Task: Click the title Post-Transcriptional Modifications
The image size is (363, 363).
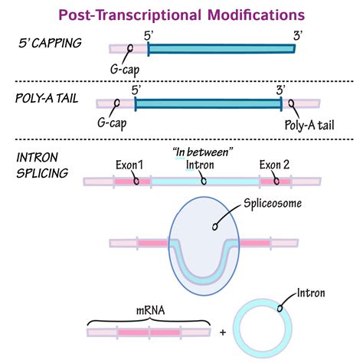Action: (181, 15)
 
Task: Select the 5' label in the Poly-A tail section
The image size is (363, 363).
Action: (136, 88)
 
